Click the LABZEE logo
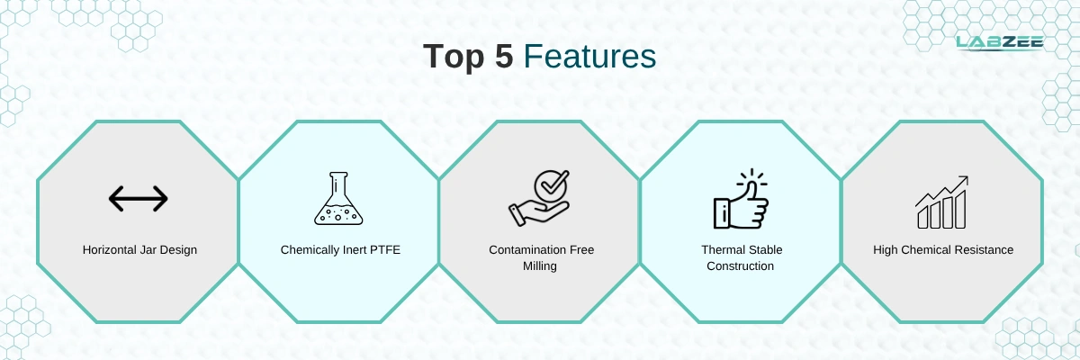pyautogui.click(x=1000, y=42)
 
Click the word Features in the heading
pyautogui.click(x=589, y=56)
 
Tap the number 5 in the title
pyautogui.click(x=504, y=56)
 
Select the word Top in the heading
pyautogui.click(x=454, y=57)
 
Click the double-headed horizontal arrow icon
pyautogui.click(x=139, y=199)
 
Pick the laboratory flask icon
pyautogui.click(x=338, y=198)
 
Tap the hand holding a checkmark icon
pyautogui.click(x=539, y=198)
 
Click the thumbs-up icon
pyautogui.click(x=741, y=199)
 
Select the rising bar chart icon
pyautogui.click(x=941, y=202)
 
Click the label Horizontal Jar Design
pyautogui.click(x=139, y=249)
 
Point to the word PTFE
pyautogui.click(x=385, y=249)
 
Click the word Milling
pyautogui.click(x=539, y=266)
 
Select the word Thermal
pyautogui.click(x=720, y=249)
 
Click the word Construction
pyautogui.click(x=740, y=266)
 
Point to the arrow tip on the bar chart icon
pyautogui.click(x=967, y=177)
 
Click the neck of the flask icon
pyautogui.click(x=338, y=184)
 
